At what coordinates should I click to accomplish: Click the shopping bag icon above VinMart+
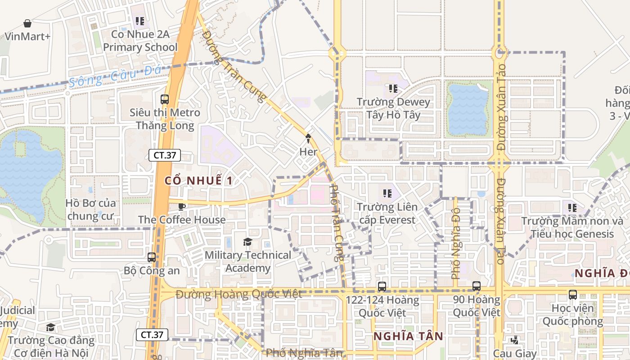(27, 23)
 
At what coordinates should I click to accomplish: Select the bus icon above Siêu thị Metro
(165, 99)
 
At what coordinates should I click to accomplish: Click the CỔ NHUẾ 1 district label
(198, 181)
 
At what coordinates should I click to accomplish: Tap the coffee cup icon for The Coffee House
(181, 207)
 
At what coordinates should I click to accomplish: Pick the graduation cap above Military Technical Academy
(247, 242)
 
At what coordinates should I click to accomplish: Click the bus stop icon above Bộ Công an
(152, 257)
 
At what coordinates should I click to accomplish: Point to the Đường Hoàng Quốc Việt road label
(238, 295)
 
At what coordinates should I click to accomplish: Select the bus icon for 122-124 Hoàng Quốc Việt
(382, 286)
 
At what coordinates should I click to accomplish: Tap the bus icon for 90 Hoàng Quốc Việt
(477, 286)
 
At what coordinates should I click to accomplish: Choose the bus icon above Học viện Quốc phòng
(572, 295)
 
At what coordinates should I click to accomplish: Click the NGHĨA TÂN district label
(408, 336)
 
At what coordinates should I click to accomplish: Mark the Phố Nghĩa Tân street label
(304, 353)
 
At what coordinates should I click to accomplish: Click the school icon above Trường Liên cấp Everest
(387, 194)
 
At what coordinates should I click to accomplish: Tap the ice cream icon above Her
(309, 138)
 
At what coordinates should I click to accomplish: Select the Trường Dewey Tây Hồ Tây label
(393, 108)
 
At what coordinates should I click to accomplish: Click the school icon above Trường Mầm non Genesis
(572, 208)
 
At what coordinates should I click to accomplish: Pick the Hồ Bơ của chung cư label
(91, 210)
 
